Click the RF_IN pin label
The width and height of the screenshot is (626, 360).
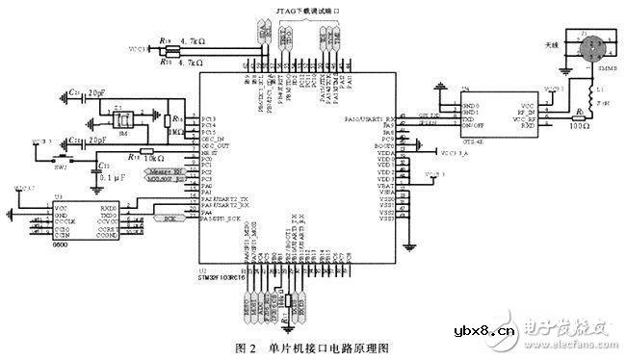[x=524, y=111]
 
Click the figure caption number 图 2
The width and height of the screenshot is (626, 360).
[x=248, y=346]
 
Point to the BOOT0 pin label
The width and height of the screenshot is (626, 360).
[x=387, y=143]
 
